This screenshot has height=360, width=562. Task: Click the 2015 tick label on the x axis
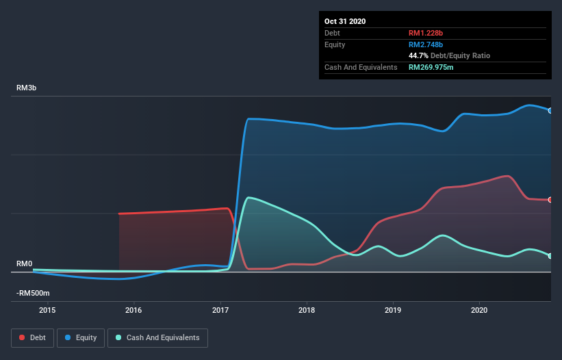47,310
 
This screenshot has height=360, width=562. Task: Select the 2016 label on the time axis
134,310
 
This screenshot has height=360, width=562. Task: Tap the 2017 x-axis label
220,310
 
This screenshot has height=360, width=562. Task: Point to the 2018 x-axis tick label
307,310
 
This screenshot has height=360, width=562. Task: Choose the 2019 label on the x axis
393,310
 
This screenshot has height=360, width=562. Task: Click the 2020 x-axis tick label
479,310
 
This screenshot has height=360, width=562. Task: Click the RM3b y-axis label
26,88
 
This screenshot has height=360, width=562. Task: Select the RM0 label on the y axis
24,264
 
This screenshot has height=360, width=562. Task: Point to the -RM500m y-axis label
33,294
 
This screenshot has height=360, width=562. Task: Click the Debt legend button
33,337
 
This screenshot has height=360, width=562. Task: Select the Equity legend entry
81,337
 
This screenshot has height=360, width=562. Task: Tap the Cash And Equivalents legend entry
157,337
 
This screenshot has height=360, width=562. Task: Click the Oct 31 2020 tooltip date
345,21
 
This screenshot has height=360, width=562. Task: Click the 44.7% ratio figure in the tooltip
420,55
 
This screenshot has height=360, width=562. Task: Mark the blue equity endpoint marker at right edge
550,110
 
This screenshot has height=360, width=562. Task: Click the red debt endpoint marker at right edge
550,200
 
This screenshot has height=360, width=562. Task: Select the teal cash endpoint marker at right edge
550,256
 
